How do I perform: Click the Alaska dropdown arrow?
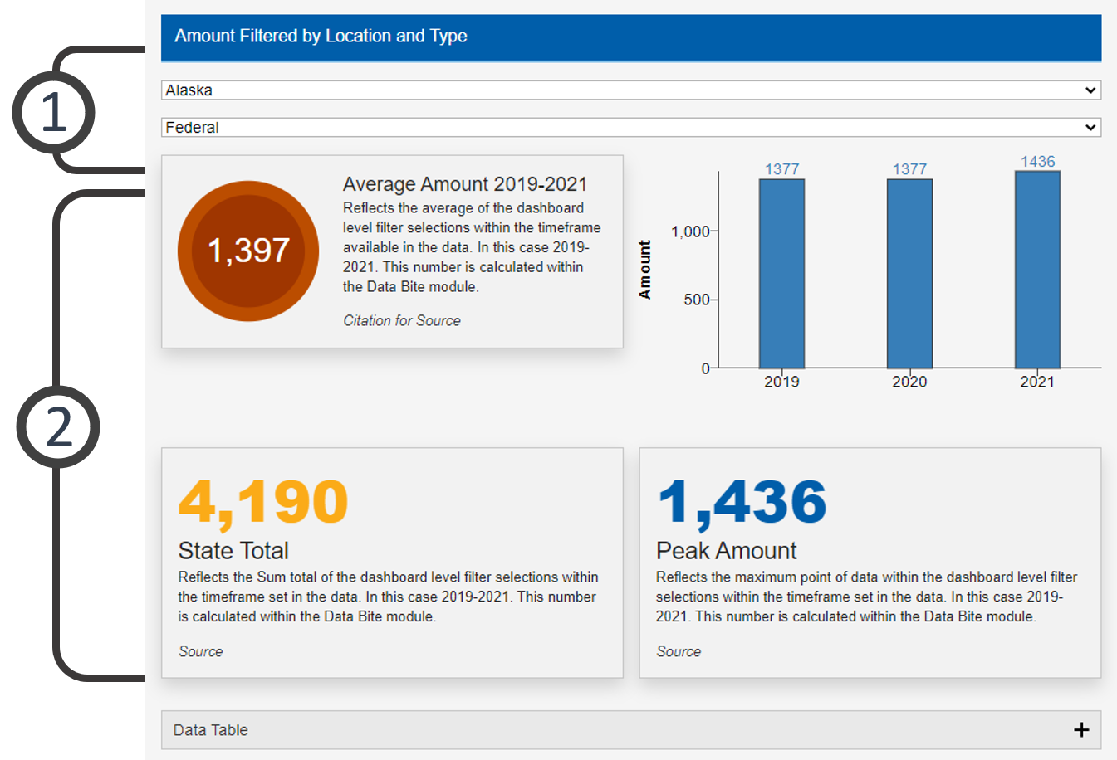tap(1090, 90)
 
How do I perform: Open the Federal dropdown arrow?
tap(1090, 127)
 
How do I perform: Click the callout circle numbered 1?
tap(53, 112)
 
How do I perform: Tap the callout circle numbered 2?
tap(58, 426)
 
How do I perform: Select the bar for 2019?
tap(781, 274)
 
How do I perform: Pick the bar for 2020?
tap(909, 274)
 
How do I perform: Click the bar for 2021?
tap(1037, 270)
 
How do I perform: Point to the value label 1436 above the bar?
tap(1037, 161)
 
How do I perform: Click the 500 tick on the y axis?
tap(697, 300)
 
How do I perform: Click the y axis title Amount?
tap(645, 270)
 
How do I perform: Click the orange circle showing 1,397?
tap(248, 251)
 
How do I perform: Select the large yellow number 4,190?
tap(263, 503)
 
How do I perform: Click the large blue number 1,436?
tap(742, 503)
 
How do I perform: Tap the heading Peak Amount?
tap(726, 550)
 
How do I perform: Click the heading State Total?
tap(233, 550)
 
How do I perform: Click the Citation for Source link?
tap(402, 320)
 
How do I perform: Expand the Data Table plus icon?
tap(1080, 729)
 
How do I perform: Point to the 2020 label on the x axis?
tap(909, 382)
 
